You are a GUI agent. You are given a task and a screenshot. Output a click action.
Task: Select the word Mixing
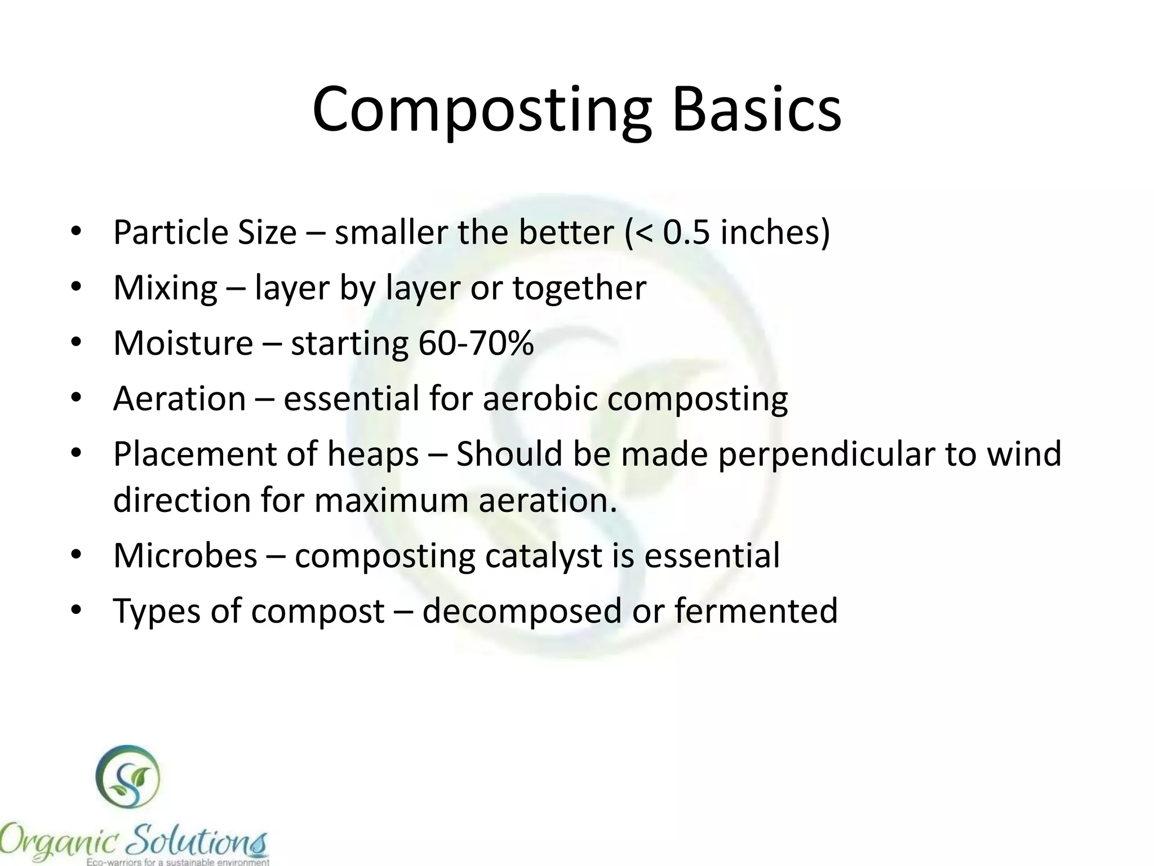[x=165, y=289]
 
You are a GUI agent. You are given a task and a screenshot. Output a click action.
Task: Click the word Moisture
[x=183, y=343]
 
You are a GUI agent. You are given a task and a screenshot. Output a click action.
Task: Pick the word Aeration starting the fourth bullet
[x=179, y=399]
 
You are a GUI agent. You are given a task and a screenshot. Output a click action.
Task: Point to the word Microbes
[x=185, y=555]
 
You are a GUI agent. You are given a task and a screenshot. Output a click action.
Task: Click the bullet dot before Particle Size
[x=77, y=232]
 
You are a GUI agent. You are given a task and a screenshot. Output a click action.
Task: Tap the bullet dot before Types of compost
[x=77, y=611]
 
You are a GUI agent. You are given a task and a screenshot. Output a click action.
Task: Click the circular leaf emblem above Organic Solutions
[x=127, y=777]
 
